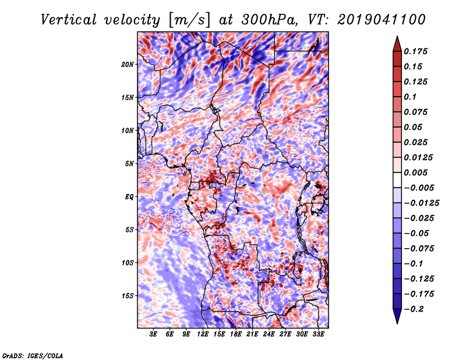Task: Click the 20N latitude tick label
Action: (x=127, y=65)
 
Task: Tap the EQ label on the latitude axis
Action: (x=129, y=197)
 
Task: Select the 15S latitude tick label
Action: (x=127, y=296)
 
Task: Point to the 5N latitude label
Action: (x=129, y=164)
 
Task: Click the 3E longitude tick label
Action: (x=153, y=334)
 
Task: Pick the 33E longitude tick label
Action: (x=318, y=334)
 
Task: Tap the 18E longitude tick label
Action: (x=236, y=334)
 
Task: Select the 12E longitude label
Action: (x=203, y=334)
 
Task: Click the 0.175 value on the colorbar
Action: (x=415, y=51)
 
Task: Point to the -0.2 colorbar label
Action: (x=414, y=309)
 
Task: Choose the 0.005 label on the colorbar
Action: (x=415, y=172)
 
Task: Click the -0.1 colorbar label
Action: (x=414, y=264)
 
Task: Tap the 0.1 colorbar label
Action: (x=410, y=97)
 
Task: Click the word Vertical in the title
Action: (x=69, y=20)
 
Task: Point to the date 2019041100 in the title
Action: (x=382, y=20)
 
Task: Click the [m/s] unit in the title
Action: (x=189, y=20)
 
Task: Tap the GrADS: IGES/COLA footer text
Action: (x=33, y=356)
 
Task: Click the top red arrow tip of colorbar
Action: (x=397, y=37)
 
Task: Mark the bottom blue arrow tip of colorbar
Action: (x=397, y=323)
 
